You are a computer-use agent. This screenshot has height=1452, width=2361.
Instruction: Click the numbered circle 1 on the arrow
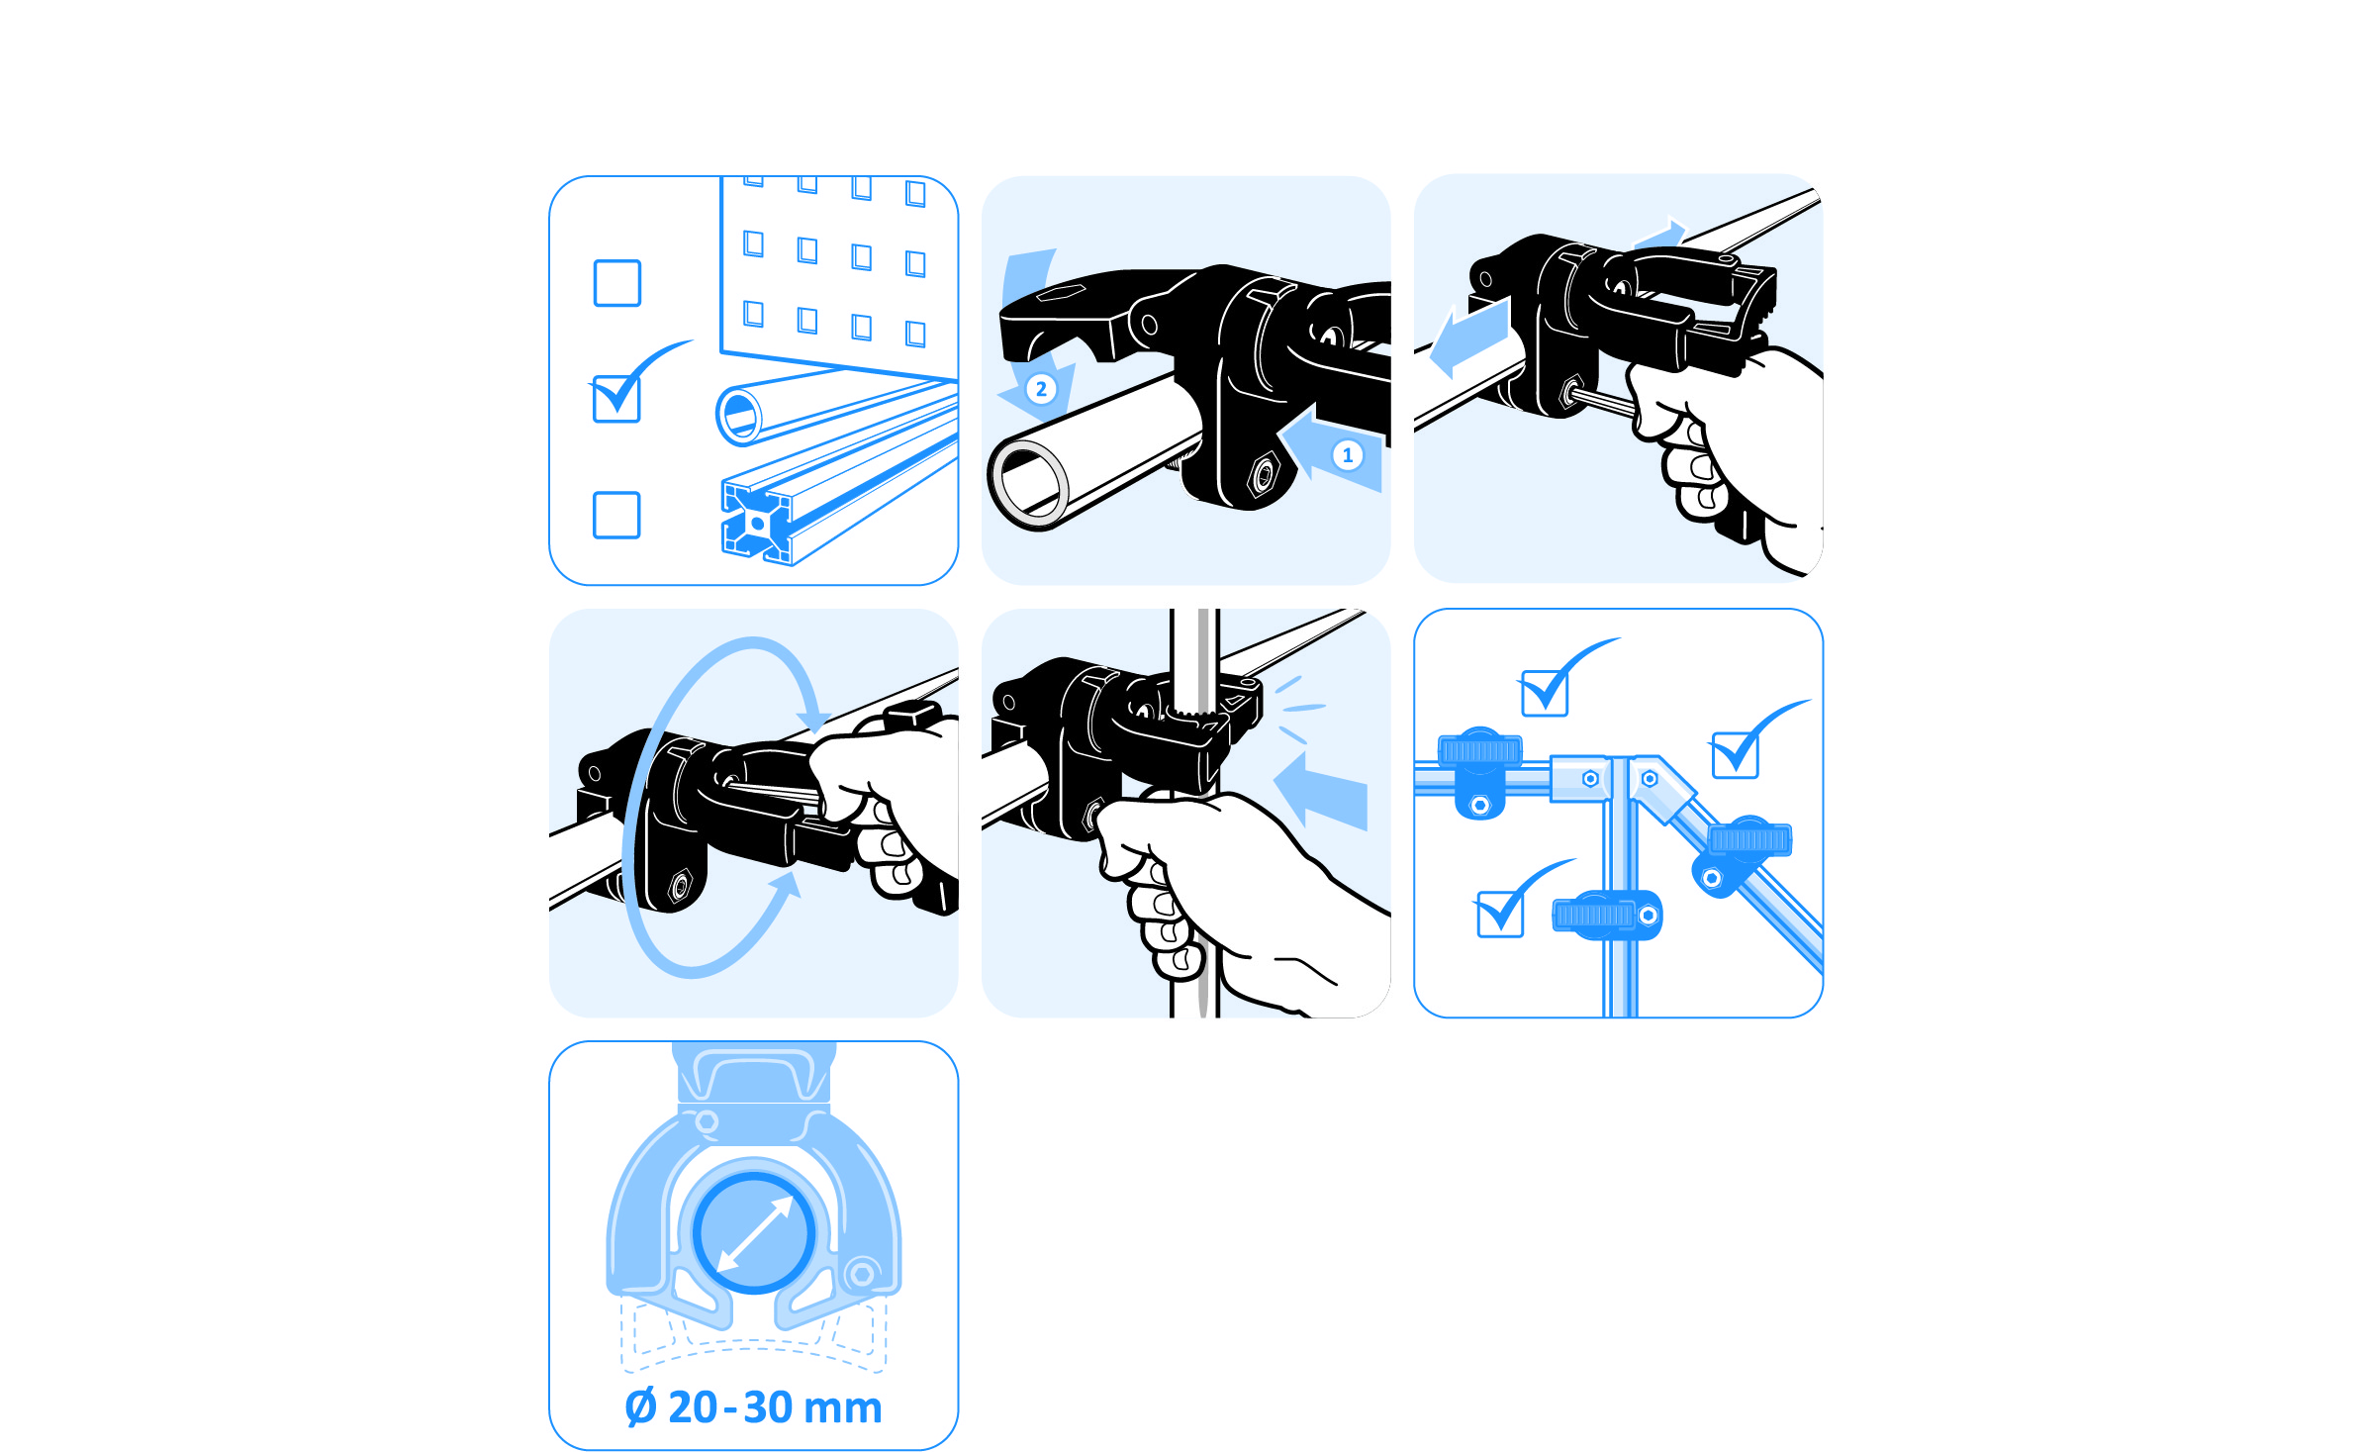(1347, 455)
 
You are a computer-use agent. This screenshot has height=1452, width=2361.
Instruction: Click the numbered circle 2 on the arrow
(1041, 389)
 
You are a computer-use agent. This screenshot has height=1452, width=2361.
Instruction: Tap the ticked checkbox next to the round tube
(616, 399)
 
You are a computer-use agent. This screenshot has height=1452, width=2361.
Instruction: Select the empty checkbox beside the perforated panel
(617, 283)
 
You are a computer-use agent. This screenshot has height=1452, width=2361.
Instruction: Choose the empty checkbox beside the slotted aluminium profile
(616, 515)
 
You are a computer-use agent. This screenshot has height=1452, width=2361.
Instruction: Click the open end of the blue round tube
(739, 414)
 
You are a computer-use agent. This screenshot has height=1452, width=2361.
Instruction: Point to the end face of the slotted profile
(757, 522)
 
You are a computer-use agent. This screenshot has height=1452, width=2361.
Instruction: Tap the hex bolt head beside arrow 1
(1264, 476)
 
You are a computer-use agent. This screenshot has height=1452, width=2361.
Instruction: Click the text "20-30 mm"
(775, 1407)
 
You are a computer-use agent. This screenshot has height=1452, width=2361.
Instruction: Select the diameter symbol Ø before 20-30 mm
(641, 1407)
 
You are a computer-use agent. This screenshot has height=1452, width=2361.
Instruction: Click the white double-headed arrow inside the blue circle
(754, 1234)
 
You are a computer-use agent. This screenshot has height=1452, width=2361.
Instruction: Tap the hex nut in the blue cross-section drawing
(862, 1274)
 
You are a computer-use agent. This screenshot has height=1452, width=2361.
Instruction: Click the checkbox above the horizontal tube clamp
(1545, 693)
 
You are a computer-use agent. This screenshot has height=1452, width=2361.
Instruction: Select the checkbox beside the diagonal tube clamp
(1735, 755)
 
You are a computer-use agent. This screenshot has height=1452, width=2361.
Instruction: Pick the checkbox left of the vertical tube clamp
(1500, 914)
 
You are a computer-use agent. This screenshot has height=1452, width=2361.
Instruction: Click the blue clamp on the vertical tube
(1607, 916)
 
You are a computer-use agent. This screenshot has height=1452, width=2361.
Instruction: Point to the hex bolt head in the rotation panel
(680, 885)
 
